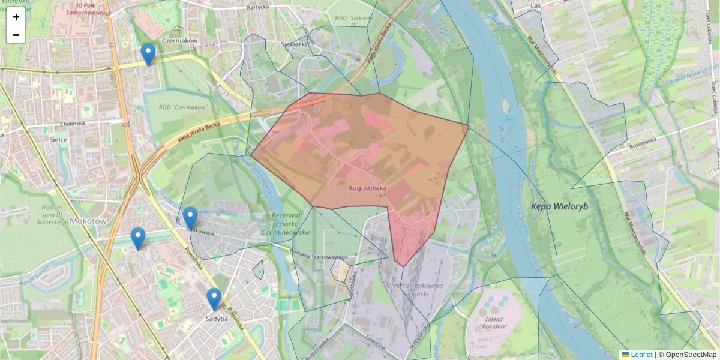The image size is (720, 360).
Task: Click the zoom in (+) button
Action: pyautogui.click(x=16, y=17)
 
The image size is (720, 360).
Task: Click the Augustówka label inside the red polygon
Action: pyautogui.click(x=367, y=188)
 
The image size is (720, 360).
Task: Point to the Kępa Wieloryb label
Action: pyautogui.click(x=560, y=206)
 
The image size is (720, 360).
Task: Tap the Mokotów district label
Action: pyautogui.click(x=88, y=221)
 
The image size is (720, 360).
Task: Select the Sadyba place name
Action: pyautogui.click(x=217, y=319)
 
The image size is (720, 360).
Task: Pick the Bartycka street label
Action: pyautogui.click(x=257, y=8)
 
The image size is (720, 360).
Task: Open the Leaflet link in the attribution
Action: pyautogui.click(x=641, y=355)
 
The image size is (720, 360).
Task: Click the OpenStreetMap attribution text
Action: pyautogui.click(x=691, y=355)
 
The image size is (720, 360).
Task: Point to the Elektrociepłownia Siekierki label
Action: pyautogui.click(x=415, y=289)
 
